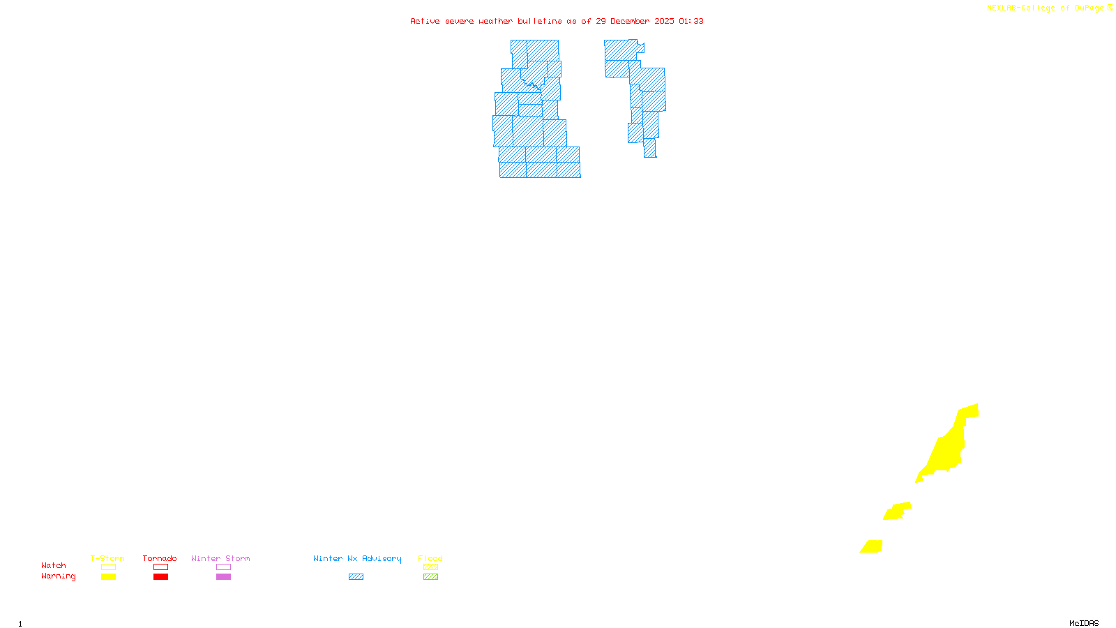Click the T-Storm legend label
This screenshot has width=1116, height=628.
107,558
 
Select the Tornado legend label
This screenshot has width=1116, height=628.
160,558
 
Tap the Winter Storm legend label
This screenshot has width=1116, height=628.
220,558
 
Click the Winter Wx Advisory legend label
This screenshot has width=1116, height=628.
357,558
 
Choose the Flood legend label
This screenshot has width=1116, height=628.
430,558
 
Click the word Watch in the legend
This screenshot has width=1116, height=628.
54,565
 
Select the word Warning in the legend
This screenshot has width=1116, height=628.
59,576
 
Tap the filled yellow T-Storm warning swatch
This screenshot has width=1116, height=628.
108,577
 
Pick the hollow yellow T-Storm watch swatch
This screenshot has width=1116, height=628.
108,567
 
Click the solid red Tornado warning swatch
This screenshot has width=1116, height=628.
160,577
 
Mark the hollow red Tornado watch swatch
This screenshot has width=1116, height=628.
160,567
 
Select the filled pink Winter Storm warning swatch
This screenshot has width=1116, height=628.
223,577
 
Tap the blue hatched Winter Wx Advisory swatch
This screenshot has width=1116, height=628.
356,577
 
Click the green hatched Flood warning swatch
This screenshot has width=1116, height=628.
430,577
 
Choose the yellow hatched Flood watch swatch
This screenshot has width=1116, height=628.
430,567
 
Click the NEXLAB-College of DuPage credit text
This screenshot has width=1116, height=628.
1046,8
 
